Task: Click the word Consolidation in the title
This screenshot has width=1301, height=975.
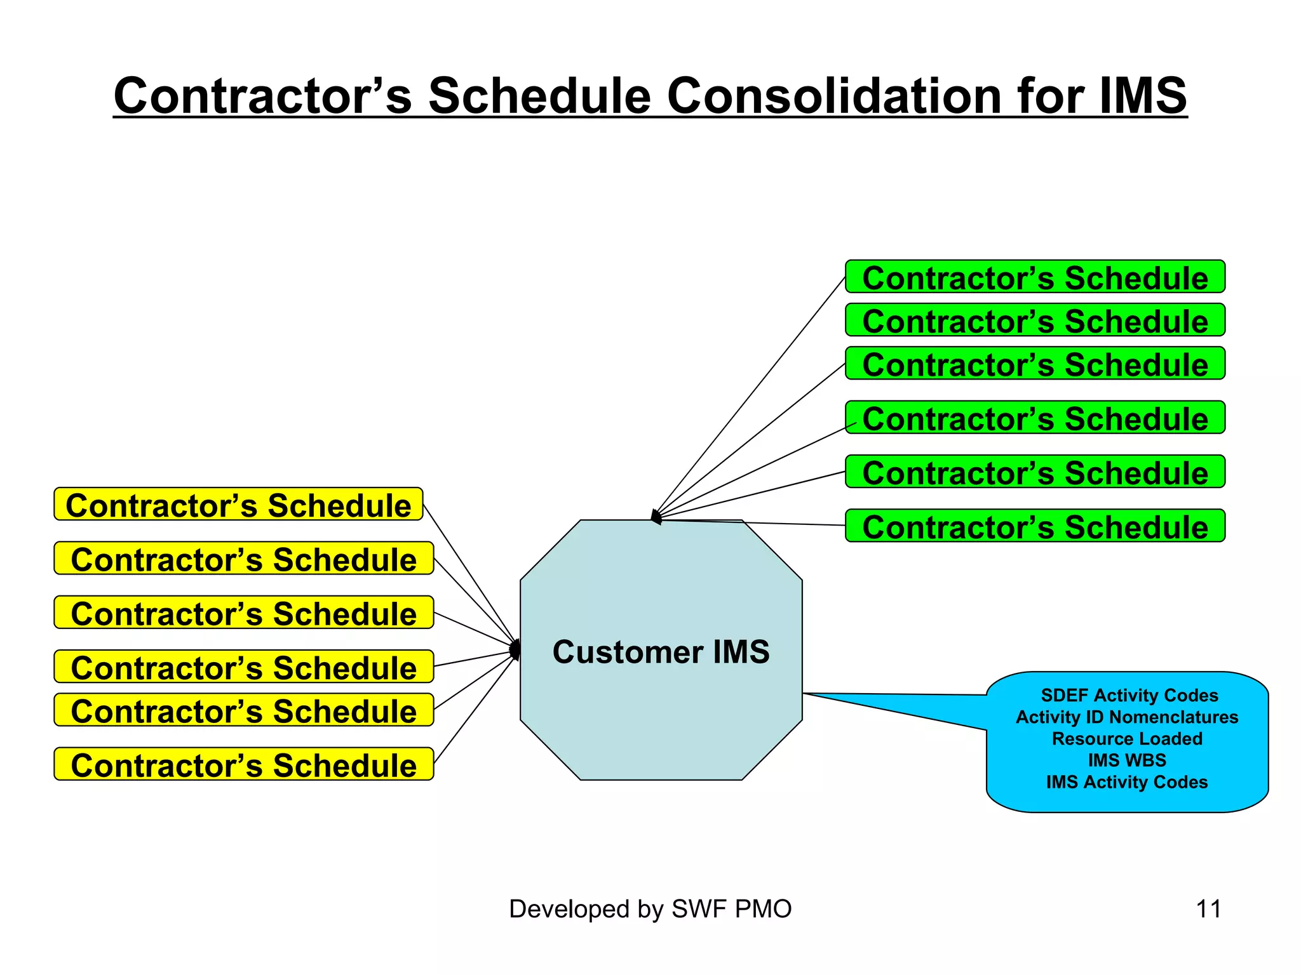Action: [x=833, y=96]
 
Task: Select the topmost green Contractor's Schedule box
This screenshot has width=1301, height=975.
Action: [x=1035, y=277]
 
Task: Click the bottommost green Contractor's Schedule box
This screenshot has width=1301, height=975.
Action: [x=1035, y=526]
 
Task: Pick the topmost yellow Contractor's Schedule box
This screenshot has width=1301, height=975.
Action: [x=238, y=505]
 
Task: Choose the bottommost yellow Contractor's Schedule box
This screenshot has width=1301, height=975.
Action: [x=244, y=764]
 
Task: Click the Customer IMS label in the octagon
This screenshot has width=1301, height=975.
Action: [x=661, y=652]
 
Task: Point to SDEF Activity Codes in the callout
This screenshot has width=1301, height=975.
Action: [x=1129, y=695]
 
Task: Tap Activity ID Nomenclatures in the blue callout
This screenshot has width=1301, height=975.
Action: [x=1127, y=717]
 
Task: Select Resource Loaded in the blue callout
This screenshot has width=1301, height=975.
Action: [x=1127, y=739]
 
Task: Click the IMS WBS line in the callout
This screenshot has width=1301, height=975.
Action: [x=1127, y=760]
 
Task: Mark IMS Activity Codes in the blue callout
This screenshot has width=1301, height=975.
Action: [x=1127, y=782]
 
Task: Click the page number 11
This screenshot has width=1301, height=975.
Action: [x=1208, y=909]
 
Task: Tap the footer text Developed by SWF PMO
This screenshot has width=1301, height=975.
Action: [x=650, y=909]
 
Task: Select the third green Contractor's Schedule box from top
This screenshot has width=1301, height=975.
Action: [x=1035, y=364]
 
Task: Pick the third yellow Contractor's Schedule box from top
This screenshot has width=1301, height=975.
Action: [x=244, y=613]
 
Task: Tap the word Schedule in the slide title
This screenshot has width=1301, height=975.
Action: [x=539, y=96]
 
